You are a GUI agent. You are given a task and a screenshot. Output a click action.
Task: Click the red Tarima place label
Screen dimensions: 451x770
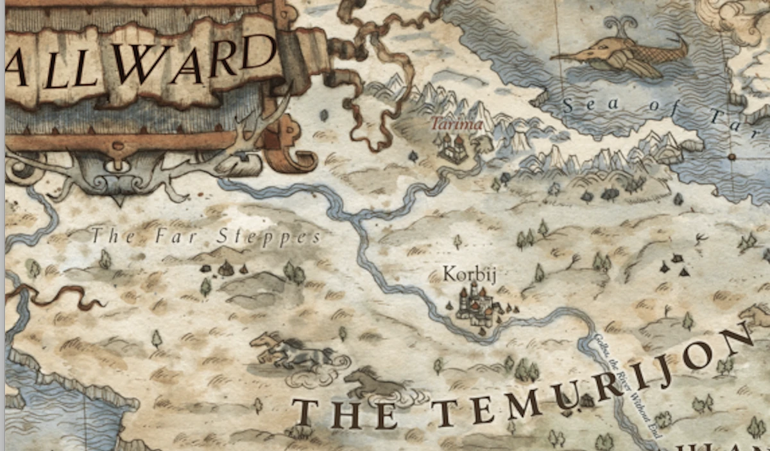(x=456, y=123)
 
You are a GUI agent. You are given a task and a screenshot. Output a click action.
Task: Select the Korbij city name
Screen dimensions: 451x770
(x=470, y=274)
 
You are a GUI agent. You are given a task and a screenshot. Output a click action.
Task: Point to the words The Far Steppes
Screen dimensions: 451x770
(x=205, y=236)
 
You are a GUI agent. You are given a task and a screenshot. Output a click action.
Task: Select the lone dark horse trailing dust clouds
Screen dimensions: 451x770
(x=372, y=383)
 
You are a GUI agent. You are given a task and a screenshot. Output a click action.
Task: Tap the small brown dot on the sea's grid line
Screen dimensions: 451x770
(x=731, y=157)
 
